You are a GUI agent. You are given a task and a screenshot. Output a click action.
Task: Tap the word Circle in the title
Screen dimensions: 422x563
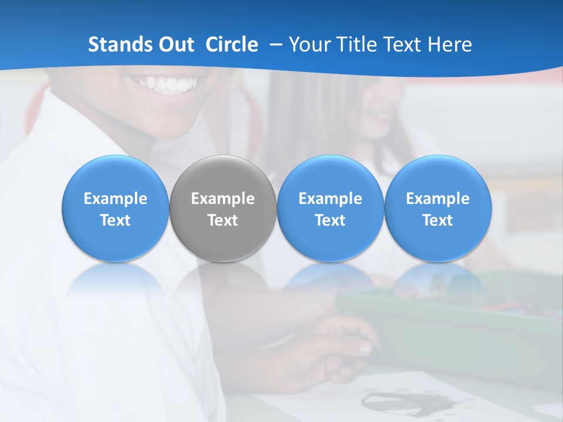[x=232, y=45]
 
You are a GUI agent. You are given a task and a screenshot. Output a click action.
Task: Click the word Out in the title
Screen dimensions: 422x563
[x=177, y=45]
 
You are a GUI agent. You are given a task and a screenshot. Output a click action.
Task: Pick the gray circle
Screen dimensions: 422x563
[x=223, y=209]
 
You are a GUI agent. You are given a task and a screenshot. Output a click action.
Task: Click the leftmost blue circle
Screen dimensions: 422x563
[x=116, y=209]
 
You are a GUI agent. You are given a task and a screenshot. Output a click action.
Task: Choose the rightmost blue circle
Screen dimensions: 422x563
[x=438, y=209]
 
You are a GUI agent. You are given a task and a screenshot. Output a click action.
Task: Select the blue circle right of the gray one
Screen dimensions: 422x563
[x=330, y=209]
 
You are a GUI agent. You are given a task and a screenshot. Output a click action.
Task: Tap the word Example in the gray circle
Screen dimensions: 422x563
[x=223, y=199]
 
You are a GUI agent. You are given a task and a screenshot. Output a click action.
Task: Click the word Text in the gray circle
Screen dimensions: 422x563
[x=223, y=220]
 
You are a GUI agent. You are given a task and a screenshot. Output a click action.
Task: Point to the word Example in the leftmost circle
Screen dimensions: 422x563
[x=116, y=199]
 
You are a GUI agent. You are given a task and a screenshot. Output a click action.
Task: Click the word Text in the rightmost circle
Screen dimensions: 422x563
[x=438, y=220]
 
